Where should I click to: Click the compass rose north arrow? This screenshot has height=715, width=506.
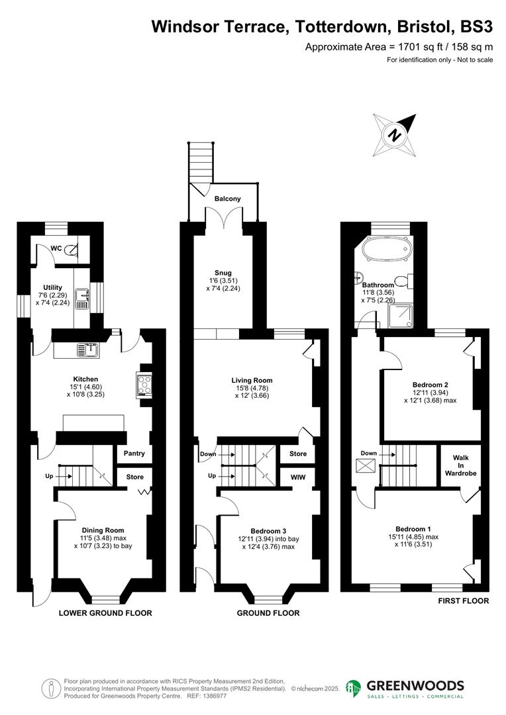pyautogui.click(x=395, y=136)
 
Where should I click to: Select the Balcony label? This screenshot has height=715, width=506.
pyautogui.click(x=227, y=199)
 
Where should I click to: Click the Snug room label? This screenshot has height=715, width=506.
pyautogui.click(x=223, y=273)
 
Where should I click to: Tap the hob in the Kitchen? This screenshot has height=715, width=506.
pyautogui.click(x=144, y=385)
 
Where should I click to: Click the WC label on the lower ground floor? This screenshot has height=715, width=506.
pyautogui.click(x=56, y=248)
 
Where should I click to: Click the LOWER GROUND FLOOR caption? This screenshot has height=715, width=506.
pyautogui.click(x=105, y=613)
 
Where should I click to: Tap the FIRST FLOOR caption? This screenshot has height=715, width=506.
pyautogui.click(x=464, y=601)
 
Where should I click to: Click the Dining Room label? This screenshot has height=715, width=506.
pyautogui.click(x=103, y=530)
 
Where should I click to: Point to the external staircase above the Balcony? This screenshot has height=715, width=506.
pyautogui.click(x=201, y=162)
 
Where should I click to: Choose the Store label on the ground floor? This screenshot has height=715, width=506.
pyautogui.click(x=298, y=454)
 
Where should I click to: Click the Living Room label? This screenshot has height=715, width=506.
pyautogui.click(x=252, y=380)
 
